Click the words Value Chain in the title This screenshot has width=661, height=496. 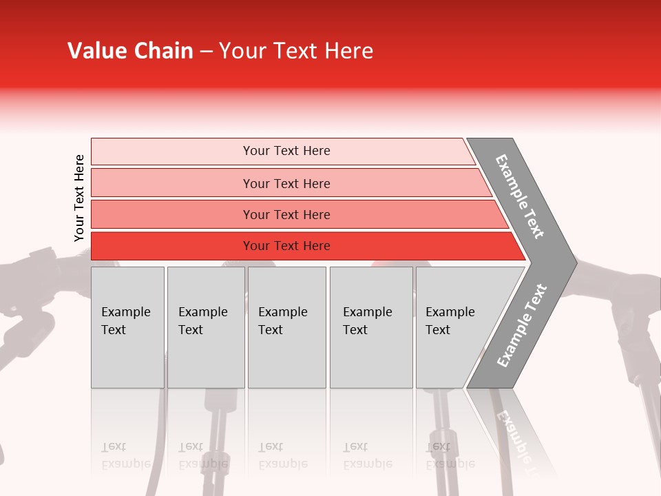pyautogui.click(x=130, y=51)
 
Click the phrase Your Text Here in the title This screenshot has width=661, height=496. pyautogui.click(x=296, y=51)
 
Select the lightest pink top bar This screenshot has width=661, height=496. pyautogui.click(x=172, y=152)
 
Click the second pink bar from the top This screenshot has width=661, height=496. pyautogui.click(x=172, y=183)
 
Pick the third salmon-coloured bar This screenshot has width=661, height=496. pyautogui.click(x=172, y=214)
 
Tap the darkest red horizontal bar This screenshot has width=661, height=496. pyautogui.click(x=172, y=246)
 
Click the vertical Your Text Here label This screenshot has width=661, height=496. pyautogui.click(x=79, y=198)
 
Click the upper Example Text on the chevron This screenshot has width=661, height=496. pyautogui.click(x=520, y=196)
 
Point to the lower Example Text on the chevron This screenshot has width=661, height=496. pyautogui.click(x=521, y=326)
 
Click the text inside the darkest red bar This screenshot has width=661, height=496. pyautogui.click(x=286, y=246)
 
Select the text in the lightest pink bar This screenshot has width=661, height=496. pyautogui.click(x=286, y=151)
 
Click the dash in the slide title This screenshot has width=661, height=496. pyautogui.click(x=206, y=52)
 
